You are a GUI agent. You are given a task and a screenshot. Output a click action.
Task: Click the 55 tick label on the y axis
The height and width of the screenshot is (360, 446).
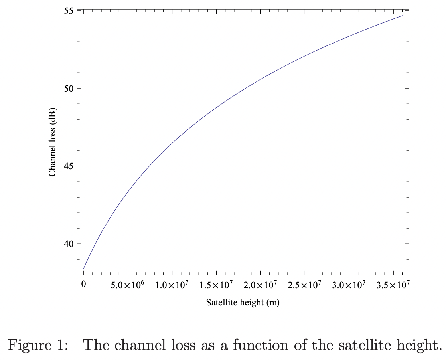coord(69,10)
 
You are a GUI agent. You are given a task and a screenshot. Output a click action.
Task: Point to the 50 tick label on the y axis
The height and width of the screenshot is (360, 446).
coord(69,88)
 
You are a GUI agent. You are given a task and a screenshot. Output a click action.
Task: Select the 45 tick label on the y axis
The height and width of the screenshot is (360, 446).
coord(69,166)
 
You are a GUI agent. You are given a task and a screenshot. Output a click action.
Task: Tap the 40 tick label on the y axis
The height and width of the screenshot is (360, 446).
coord(69,244)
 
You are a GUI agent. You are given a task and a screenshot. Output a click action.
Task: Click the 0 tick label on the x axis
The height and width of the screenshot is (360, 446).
coord(83,285)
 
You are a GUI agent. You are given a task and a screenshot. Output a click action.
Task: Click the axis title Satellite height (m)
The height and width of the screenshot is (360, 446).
coord(243,303)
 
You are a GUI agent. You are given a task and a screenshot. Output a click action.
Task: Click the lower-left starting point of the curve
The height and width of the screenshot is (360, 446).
coord(84,268)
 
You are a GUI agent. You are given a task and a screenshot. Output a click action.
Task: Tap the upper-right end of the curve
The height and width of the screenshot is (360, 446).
coord(402,16)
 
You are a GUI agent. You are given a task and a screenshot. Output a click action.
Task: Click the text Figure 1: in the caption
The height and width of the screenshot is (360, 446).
coord(38,344)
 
